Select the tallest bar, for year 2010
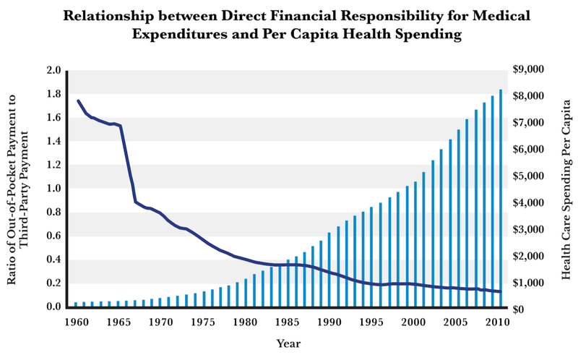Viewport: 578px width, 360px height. (501, 198)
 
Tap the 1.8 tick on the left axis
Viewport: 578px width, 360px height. (53, 94)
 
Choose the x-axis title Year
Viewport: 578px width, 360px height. (288, 344)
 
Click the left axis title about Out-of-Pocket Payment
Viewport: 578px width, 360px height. (20, 189)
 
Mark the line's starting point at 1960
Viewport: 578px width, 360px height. (77, 100)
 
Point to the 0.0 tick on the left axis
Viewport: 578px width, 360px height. (53, 307)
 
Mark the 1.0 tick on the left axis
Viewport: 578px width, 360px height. (53, 189)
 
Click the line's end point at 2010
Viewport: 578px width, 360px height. (501, 292)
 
